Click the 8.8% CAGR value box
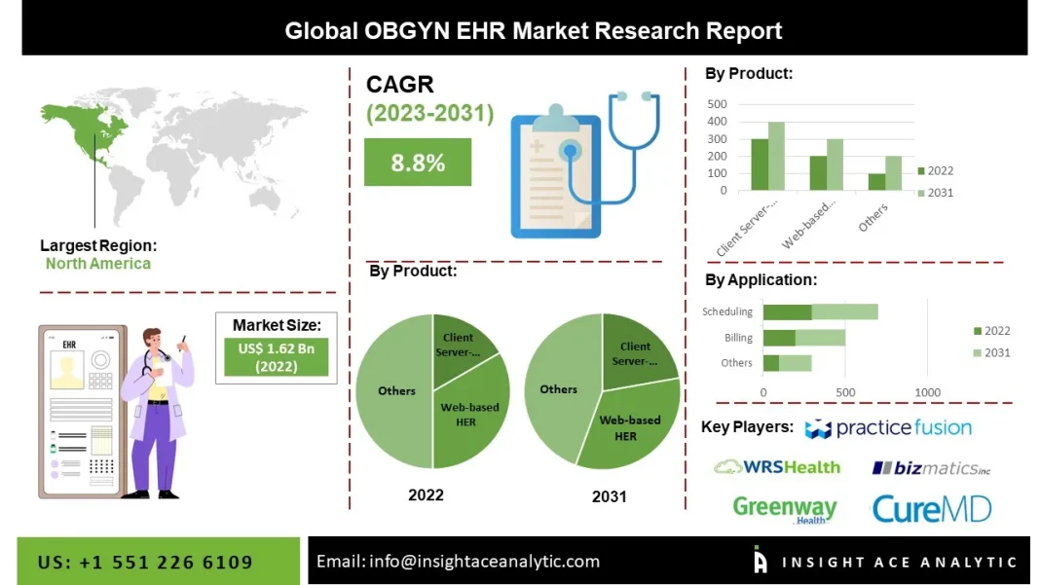(417, 163)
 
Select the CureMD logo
(931, 508)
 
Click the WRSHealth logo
(776, 467)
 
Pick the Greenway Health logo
(784, 508)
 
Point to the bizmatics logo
(931, 468)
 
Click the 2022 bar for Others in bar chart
(876, 182)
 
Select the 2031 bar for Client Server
(776, 156)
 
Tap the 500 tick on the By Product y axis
(717, 104)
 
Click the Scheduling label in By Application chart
(727, 311)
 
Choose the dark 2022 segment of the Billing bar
(779, 338)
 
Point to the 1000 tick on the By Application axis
(927, 392)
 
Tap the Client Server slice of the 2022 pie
(461, 343)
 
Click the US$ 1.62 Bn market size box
(276, 357)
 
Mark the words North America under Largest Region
(98, 264)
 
